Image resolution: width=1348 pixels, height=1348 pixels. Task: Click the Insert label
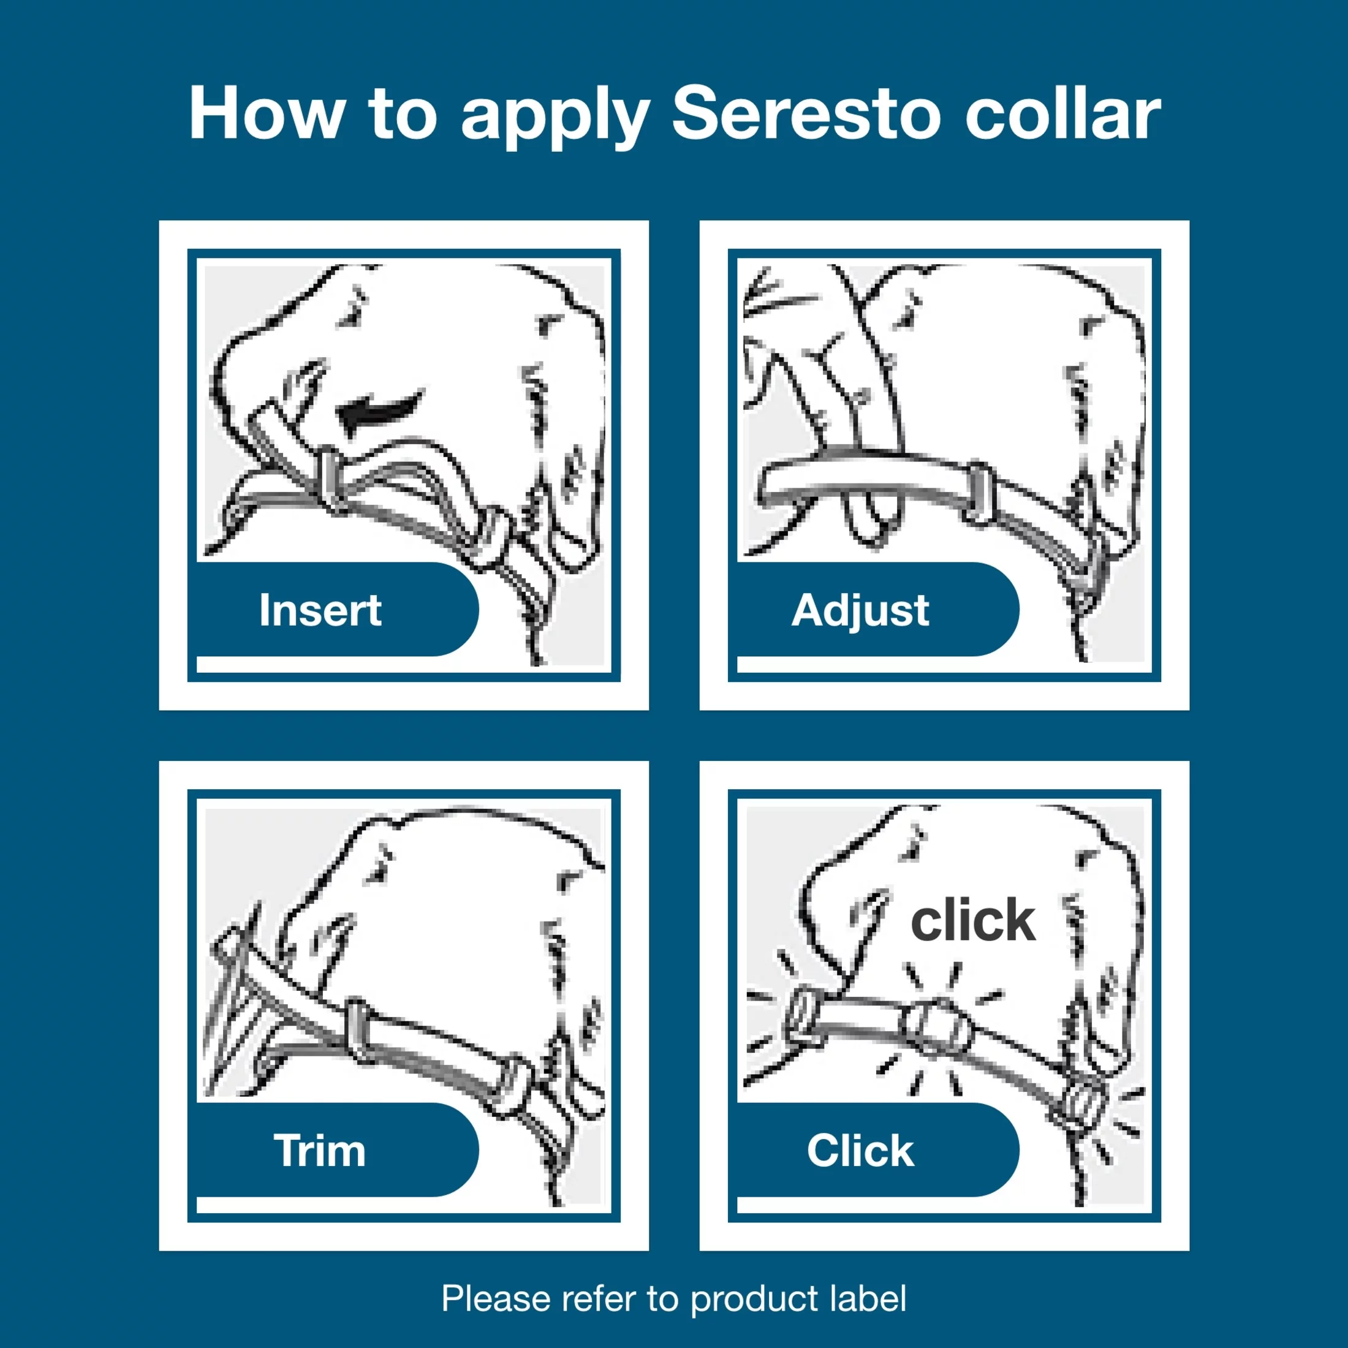pyautogui.click(x=320, y=610)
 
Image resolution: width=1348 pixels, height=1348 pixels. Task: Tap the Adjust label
pyautogui.click(x=860, y=610)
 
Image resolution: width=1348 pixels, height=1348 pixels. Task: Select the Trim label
pyautogui.click(x=320, y=1151)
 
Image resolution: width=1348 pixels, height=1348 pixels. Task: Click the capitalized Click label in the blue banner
pyautogui.click(x=860, y=1151)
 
